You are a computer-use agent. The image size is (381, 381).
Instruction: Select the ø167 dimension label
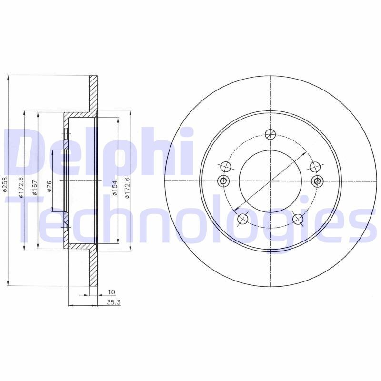click(x=35, y=188)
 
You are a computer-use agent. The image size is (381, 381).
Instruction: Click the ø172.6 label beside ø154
click(x=127, y=186)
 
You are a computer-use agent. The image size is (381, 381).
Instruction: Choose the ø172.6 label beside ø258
click(x=20, y=186)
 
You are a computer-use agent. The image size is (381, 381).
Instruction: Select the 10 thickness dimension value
click(x=111, y=291)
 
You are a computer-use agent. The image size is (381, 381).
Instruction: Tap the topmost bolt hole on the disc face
click(x=271, y=134)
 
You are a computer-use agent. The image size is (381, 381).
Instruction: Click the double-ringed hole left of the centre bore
click(x=223, y=181)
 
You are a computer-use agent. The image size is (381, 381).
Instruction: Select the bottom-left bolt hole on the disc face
click(x=242, y=219)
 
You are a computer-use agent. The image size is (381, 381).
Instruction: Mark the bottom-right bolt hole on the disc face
click(x=298, y=219)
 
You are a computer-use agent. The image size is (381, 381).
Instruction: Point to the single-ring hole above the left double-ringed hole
click(x=226, y=166)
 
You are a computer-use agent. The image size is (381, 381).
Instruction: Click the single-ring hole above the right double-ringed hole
click(x=315, y=166)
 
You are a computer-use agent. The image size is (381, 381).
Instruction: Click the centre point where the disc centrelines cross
click(x=271, y=181)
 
